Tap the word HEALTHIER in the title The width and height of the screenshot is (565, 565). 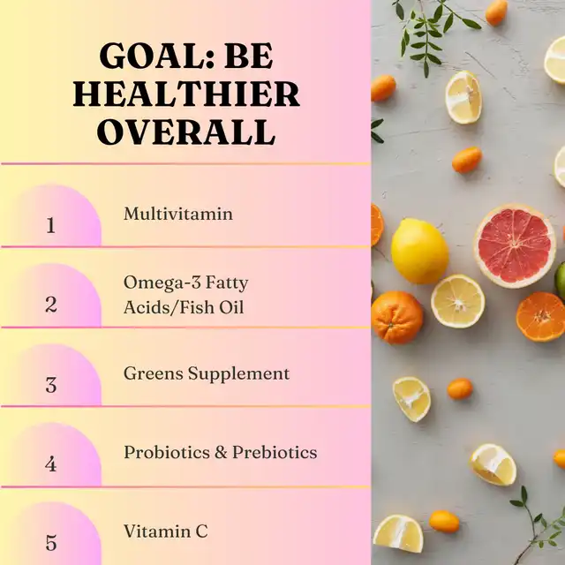186,94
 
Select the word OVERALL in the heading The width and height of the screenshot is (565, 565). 186,132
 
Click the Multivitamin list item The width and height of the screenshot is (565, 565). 178,214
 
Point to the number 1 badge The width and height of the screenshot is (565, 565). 51,225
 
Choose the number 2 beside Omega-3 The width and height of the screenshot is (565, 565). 51,305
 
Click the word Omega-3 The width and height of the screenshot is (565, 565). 156,283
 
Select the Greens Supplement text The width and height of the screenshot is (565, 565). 207,373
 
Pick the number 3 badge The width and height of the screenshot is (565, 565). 51,385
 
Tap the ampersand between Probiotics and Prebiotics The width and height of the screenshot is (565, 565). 221,453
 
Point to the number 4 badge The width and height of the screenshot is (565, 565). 51,463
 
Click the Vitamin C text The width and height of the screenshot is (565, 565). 166,531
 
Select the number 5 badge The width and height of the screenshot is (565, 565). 51,543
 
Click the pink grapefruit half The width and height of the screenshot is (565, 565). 515,245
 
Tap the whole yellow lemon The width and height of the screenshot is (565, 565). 419,251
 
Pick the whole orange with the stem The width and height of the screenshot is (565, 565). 396,317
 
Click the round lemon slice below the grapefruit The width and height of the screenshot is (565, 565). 457,301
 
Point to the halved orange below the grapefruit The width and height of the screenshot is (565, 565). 541,317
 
